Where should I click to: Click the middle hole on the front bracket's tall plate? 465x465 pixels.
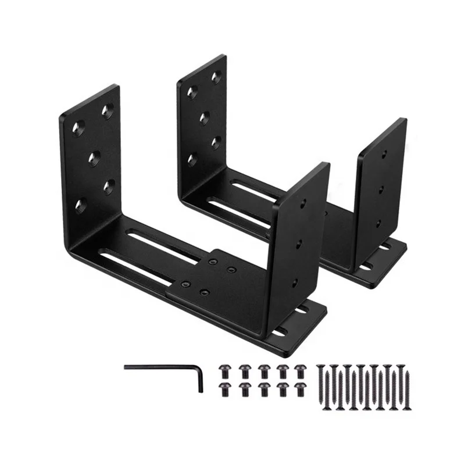tap(93, 156)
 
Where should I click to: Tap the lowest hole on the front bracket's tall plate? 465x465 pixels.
tap(81, 205)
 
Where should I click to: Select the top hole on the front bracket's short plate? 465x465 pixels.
tap(303, 203)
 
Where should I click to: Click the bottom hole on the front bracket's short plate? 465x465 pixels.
tap(295, 282)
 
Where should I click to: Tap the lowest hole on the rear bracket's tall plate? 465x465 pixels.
tap(192, 158)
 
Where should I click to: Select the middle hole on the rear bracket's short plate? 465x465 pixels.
tap(381, 188)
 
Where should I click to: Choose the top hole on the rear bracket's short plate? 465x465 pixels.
tap(384, 154)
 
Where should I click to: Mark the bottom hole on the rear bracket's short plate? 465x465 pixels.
tap(378, 223)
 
